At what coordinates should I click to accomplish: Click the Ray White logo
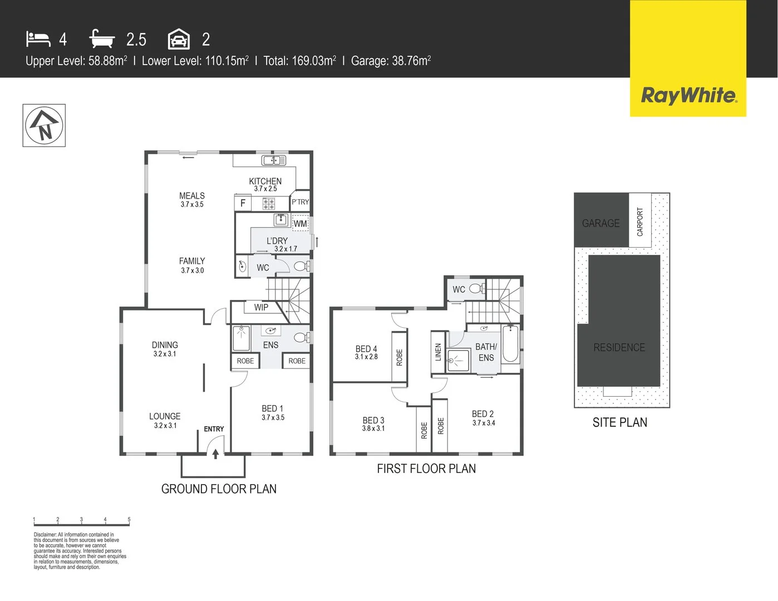pyautogui.click(x=688, y=95)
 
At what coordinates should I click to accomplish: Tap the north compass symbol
pyautogui.click(x=44, y=125)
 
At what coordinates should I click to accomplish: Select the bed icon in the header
pyautogui.click(x=38, y=39)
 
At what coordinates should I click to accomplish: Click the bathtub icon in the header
pyautogui.click(x=102, y=39)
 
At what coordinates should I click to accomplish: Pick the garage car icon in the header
pyautogui.click(x=179, y=40)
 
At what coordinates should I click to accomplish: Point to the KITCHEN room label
pyautogui.click(x=265, y=181)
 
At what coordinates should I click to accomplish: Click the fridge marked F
pyautogui.click(x=243, y=203)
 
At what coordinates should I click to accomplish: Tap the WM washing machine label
pyautogui.click(x=301, y=224)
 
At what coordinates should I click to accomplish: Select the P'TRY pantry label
pyautogui.click(x=300, y=202)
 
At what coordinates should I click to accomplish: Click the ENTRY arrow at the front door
pyautogui.click(x=215, y=453)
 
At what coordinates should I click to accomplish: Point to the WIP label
pyautogui.click(x=261, y=307)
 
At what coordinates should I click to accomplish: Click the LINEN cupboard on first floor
pyautogui.click(x=438, y=352)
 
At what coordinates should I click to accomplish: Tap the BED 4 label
pyautogui.click(x=366, y=349)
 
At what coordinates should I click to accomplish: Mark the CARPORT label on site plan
pyautogui.click(x=640, y=221)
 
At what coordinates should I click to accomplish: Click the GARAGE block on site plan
pyautogui.click(x=601, y=223)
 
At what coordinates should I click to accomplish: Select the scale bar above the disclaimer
pyautogui.click(x=81, y=523)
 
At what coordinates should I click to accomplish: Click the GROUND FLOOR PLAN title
pyautogui.click(x=219, y=489)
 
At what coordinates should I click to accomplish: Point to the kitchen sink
pyautogui.click(x=274, y=161)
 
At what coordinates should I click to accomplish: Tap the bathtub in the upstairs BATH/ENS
pyautogui.click(x=511, y=344)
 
